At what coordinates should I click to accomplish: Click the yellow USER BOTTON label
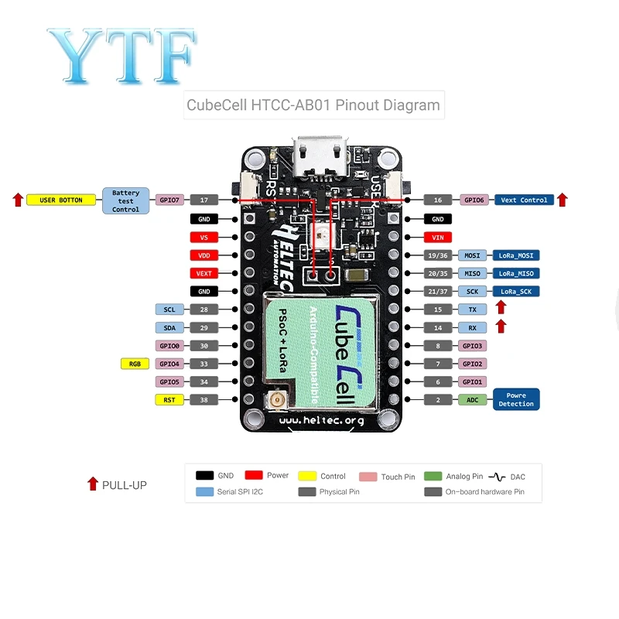point(61,200)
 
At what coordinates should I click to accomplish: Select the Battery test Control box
point(125,201)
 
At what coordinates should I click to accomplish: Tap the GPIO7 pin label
point(169,200)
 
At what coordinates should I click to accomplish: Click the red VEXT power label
point(203,273)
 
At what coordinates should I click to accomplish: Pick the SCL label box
point(169,309)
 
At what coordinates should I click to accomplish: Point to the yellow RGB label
point(135,364)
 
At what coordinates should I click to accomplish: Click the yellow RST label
point(169,400)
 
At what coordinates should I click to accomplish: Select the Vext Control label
point(524,200)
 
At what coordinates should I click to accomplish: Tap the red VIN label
point(438,238)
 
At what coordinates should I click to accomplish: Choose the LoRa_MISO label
point(516,273)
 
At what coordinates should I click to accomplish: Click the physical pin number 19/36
point(438,255)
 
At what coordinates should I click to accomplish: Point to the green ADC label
point(472,400)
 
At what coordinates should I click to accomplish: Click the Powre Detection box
point(516,399)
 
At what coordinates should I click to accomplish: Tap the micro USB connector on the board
point(320,156)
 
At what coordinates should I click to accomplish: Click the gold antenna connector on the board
point(277,400)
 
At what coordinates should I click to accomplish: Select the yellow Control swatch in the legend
point(307,476)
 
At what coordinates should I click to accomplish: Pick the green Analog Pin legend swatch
point(433,476)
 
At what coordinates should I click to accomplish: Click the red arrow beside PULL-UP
point(93,484)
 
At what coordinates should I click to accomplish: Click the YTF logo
point(122,55)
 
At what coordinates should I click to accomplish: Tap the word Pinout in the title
point(357,105)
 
